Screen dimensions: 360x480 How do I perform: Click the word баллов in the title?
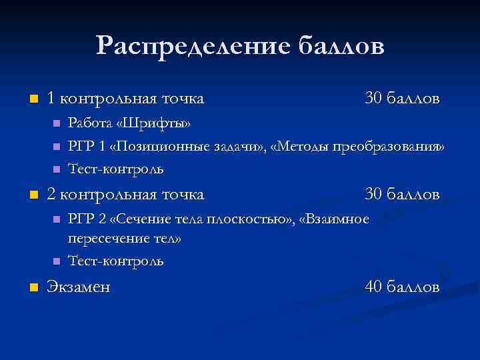[x=339, y=47]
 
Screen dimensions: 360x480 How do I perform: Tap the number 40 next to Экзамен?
[x=374, y=287]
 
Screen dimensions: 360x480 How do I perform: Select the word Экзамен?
[x=79, y=287]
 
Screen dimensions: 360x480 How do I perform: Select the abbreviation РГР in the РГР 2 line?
[x=81, y=219]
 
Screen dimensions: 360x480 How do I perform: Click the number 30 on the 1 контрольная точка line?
[x=374, y=99]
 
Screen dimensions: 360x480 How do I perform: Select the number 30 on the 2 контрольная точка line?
[x=374, y=195]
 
